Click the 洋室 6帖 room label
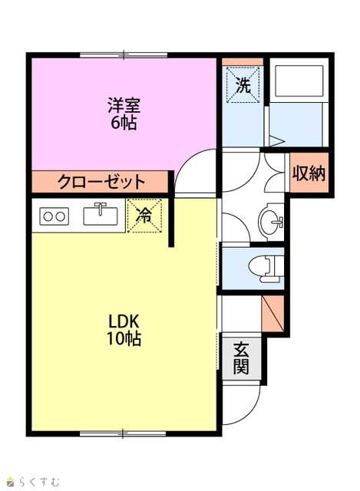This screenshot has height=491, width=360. pyautogui.click(x=124, y=114)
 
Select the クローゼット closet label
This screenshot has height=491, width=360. pyautogui.click(x=101, y=181)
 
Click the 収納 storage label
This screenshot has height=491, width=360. pyautogui.click(x=309, y=173)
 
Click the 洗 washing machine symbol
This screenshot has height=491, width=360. pyautogui.click(x=243, y=85)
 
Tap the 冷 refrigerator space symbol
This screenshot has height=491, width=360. pyautogui.click(x=144, y=216)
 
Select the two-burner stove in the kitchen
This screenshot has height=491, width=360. pyautogui.click(x=54, y=216)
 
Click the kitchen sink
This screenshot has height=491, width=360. pyautogui.click(x=101, y=214)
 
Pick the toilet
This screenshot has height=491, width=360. pyautogui.click(x=266, y=268)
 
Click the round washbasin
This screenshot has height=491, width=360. pyautogui.click(x=270, y=222)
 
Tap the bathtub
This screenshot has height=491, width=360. pyautogui.click(x=299, y=81)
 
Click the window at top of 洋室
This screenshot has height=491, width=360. pyautogui.click(x=124, y=55)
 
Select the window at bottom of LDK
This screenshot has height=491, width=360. pyautogui.click(x=123, y=433)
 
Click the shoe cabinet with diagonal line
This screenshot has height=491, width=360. pyautogui.click(x=272, y=313)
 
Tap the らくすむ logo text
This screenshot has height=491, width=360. pyautogui.click(x=39, y=481)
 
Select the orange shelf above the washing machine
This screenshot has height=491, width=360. pyautogui.click(x=243, y=61)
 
